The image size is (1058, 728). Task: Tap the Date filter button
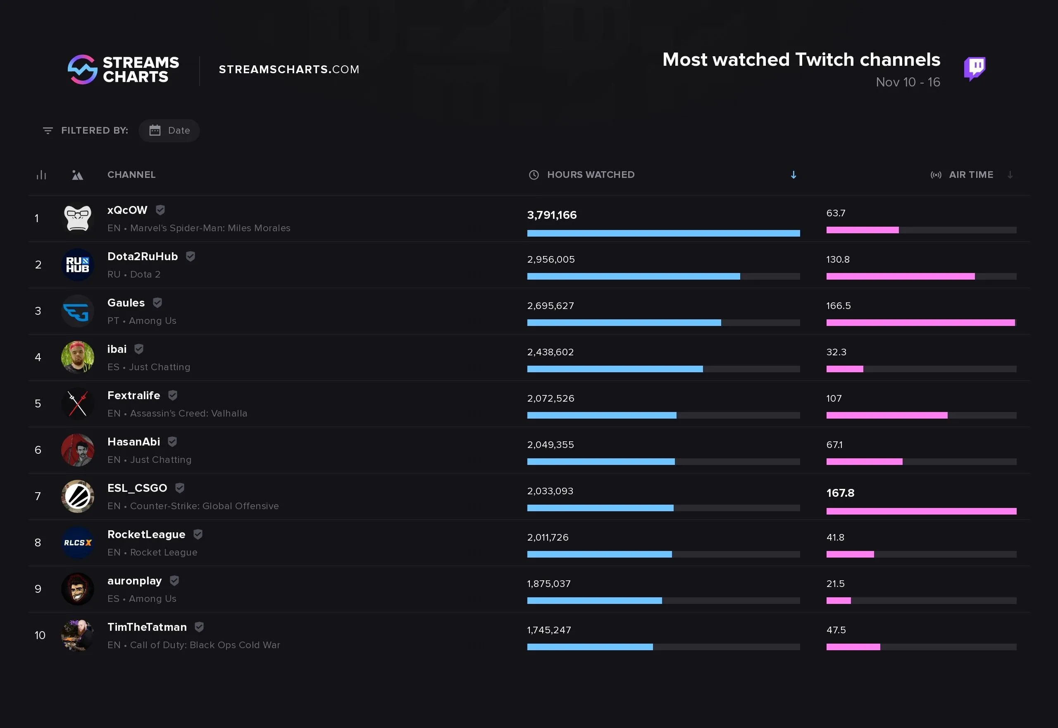pyautogui.click(x=169, y=130)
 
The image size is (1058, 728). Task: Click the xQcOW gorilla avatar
pyautogui.click(x=77, y=218)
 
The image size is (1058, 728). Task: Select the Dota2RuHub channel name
pyautogui.click(x=142, y=256)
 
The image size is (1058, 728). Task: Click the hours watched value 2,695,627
pyautogui.click(x=550, y=306)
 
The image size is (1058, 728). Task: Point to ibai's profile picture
pyautogui.click(x=77, y=357)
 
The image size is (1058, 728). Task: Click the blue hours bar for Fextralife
pyautogui.click(x=601, y=415)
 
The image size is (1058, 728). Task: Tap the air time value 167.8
pyautogui.click(x=840, y=493)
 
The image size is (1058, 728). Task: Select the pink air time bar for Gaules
pyautogui.click(x=920, y=323)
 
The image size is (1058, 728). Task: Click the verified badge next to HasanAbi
pyautogui.click(x=172, y=441)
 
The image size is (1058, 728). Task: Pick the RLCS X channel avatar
pyautogui.click(x=77, y=542)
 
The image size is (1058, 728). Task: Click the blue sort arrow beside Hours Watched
pyautogui.click(x=793, y=175)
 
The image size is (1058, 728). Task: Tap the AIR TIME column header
pyautogui.click(x=970, y=175)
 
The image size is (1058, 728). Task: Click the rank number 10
pyautogui.click(x=40, y=635)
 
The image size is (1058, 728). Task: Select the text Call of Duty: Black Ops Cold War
pyautogui.click(x=205, y=645)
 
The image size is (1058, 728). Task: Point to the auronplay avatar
pyautogui.click(x=77, y=589)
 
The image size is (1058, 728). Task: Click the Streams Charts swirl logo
pyautogui.click(x=83, y=69)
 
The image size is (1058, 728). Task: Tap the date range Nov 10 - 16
pyautogui.click(x=908, y=82)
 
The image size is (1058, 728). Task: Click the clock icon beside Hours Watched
pyautogui.click(x=534, y=175)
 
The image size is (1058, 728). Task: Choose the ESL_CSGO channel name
pyautogui.click(x=137, y=488)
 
